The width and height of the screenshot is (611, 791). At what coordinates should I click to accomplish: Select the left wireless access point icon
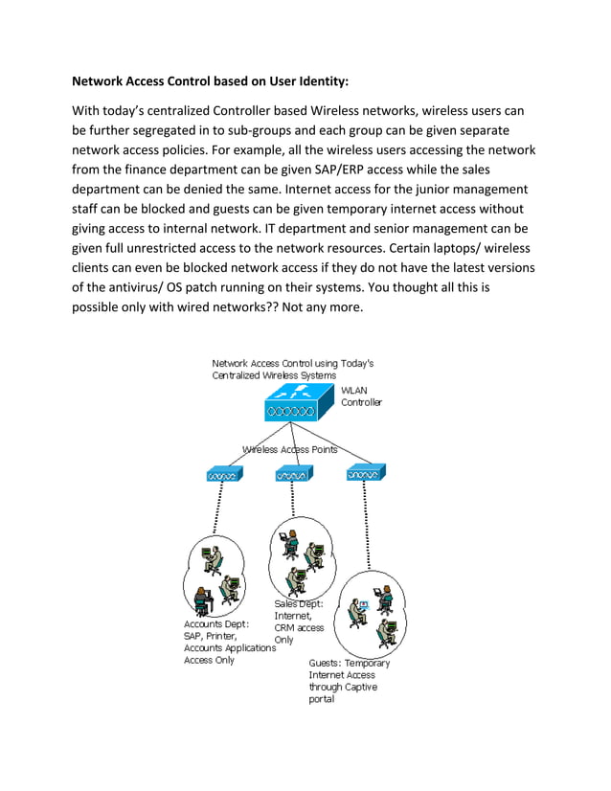(x=222, y=474)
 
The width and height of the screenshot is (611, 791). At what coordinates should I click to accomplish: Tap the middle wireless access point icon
(x=289, y=474)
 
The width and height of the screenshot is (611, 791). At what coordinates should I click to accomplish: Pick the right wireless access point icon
(x=365, y=472)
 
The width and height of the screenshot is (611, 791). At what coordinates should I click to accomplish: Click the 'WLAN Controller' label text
(x=361, y=396)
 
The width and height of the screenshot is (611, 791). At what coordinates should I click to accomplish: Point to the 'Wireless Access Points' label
(x=290, y=449)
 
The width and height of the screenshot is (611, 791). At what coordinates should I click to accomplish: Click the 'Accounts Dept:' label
(x=216, y=623)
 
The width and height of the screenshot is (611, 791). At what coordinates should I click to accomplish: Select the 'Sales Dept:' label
(x=299, y=604)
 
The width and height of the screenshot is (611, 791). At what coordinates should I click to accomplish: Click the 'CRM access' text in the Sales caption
(x=299, y=628)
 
